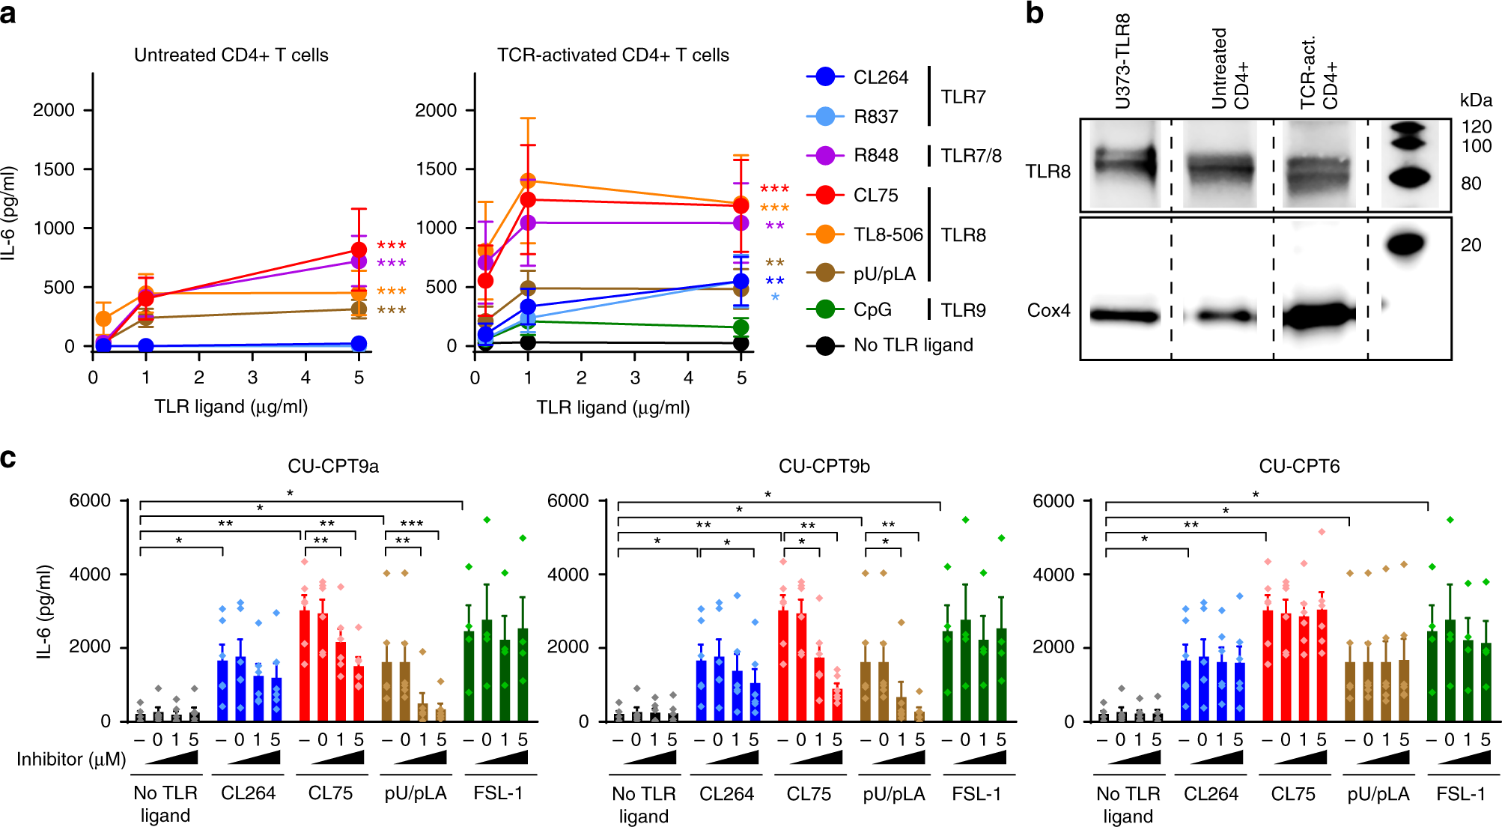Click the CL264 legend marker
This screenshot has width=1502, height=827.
[x=825, y=76]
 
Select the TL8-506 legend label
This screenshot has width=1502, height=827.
[x=888, y=234]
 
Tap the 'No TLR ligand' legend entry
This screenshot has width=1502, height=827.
[x=913, y=345]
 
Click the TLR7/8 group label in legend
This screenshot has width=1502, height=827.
[x=970, y=156]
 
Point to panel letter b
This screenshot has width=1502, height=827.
[x=1034, y=13]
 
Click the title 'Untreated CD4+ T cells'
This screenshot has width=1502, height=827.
[x=231, y=55]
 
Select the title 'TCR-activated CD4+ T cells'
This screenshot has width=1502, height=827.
[x=612, y=55]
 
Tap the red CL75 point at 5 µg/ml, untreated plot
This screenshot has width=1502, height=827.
[x=359, y=249]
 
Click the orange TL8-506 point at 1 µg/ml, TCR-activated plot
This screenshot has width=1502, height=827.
[x=528, y=181]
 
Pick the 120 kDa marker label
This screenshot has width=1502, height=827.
[x=1476, y=127]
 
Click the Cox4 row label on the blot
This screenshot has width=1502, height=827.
[x=1048, y=310]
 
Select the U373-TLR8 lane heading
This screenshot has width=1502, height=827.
[x=1122, y=61]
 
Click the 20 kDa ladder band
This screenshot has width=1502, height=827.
[x=1406, y=244]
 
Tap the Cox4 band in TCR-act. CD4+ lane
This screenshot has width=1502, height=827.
[x=1319, y=315]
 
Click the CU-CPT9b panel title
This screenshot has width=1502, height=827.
[x=824, y=466]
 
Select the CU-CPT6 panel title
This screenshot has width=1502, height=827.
[x=1299, y=466]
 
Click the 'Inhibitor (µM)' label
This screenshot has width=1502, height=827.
[x=71, y=760]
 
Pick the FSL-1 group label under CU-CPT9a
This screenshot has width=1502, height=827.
[x=498, y=793]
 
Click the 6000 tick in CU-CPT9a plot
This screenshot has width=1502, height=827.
[x=90, y=500]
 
